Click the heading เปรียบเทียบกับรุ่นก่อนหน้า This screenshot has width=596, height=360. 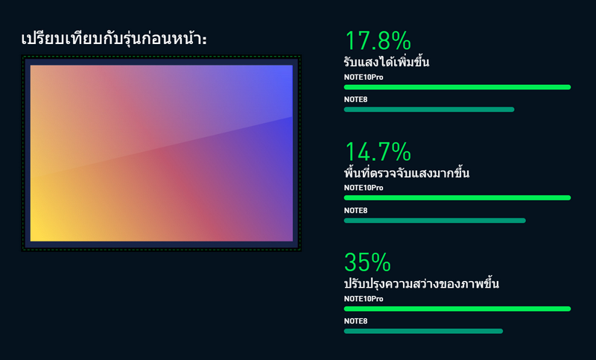pos(114,39)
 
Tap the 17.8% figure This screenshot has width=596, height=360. pos(378,41)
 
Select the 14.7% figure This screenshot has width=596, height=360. pos(378,151)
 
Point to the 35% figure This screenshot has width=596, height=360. pos(367,262)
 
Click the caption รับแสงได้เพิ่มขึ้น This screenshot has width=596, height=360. pos(387,62)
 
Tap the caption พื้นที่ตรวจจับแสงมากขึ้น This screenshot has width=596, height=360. pos(407,172)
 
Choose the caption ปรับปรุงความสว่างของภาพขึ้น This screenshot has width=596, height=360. pos(422,283)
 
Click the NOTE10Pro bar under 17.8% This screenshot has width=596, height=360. pos(457,87)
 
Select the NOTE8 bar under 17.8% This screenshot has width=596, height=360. pos(429,110)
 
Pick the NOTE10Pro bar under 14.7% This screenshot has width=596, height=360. pos(457,198)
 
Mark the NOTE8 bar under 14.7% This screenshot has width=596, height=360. pos(435,221)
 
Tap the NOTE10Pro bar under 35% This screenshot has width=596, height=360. pos(457,309)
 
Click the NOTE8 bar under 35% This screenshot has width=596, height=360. pos(423,331)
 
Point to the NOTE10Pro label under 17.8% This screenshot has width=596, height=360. pos(364,78)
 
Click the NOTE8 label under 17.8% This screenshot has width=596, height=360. pos(356,100)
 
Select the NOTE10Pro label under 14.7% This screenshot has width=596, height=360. pos(364,188)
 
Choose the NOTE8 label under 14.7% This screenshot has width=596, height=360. pos(356,211)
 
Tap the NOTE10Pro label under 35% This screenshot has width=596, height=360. pos(364,299)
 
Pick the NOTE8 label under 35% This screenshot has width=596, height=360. pos(356,321)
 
